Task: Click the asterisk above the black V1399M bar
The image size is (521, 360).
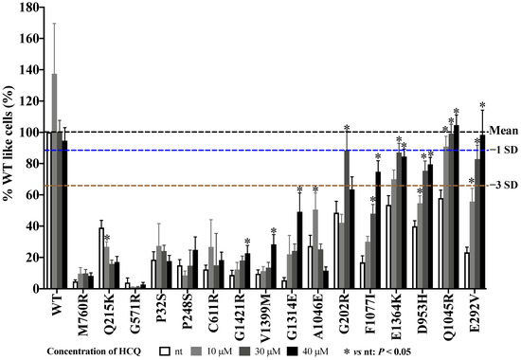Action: pyautogui.click(x=273, y=230)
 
